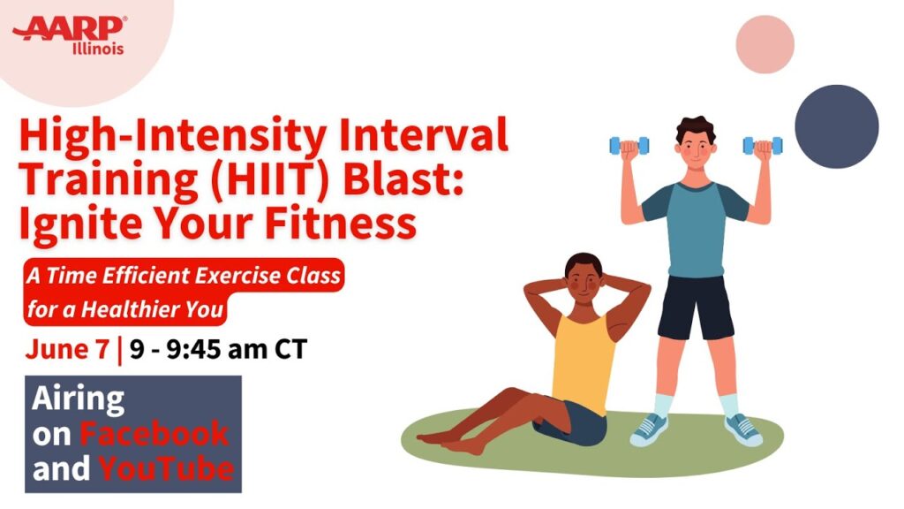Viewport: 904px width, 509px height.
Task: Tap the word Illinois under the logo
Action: pos(97,49)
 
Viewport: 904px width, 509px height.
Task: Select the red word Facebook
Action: pos(154,433)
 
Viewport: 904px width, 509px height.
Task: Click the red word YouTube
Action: pos(166,468)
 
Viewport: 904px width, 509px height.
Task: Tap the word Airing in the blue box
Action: pos(79,399)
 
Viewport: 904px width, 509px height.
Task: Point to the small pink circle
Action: pos(765,43)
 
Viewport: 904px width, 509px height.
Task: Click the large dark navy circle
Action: pos(836,125)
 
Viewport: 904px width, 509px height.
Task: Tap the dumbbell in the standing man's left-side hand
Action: pos(629,143)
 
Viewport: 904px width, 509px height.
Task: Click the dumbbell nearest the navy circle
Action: pos(762,144)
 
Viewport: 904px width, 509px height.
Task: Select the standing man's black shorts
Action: pos(696,307)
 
